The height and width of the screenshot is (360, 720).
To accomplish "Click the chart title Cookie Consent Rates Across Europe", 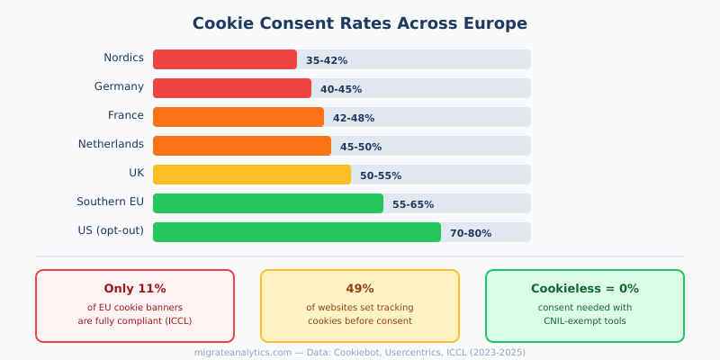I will (360, 23).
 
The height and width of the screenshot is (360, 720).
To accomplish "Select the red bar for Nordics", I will (225, 59).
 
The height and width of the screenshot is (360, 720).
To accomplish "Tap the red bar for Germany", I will (232, 88).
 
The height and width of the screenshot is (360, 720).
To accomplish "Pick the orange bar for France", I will (238, 117).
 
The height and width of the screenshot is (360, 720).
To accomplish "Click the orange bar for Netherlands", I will (242, 146).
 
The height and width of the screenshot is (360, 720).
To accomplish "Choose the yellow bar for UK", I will (252, 175).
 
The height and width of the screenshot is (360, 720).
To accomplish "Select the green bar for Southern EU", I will (268, 203).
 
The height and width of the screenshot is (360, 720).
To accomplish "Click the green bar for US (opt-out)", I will (297, 232).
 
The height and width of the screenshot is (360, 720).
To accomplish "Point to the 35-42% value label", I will (327, 60).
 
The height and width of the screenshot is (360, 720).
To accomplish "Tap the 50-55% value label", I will (381, 175).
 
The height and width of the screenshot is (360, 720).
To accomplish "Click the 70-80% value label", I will (471, 233).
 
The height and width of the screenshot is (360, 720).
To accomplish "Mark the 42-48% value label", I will (354, 118).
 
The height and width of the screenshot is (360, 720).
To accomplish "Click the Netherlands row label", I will (111, 144).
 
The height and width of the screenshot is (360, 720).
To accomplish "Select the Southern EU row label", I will (110, 202).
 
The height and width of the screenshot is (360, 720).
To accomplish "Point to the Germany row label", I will (119, 86).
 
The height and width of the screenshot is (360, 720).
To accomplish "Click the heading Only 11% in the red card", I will (135, 289).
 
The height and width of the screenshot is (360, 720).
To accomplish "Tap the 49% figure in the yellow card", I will (360, 289).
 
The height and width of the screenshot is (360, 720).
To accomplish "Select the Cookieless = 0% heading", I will (585, 289).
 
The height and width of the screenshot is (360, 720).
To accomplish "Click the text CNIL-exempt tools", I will (585, 320).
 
